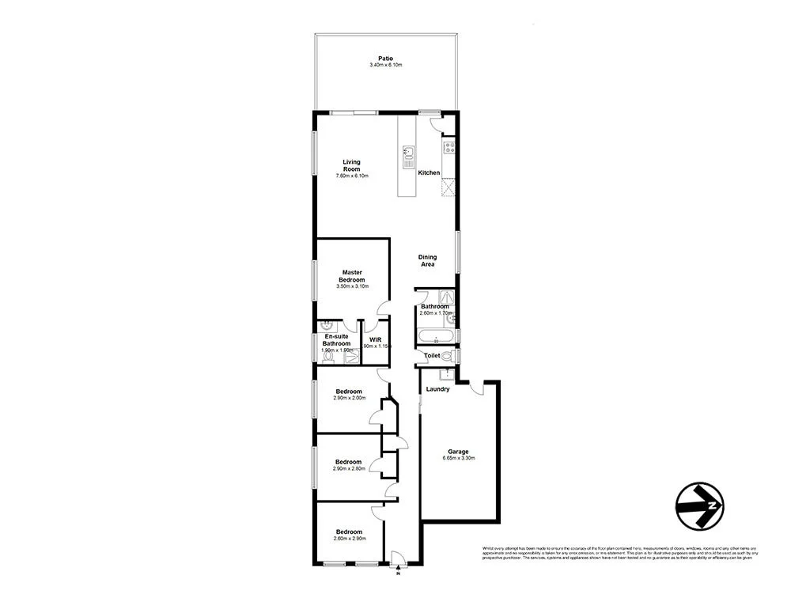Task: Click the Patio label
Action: [385, 58]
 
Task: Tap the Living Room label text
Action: [351, 165]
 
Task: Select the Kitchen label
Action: [429, 172]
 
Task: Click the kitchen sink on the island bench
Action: [409, 153]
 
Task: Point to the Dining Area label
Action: [427, 260]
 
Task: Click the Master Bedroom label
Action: [351, 276]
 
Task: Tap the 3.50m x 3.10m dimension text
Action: [351, 286]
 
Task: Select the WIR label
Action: [376, 339]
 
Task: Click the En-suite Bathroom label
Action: [336, 340]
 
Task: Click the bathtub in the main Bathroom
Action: [434, 339]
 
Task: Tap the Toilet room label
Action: [432, 357]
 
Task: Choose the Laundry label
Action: [437, 389]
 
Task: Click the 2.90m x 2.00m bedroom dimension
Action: [348, 399]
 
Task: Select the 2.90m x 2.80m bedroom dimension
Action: [348, 469]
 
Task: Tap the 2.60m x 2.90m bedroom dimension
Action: [348, 539]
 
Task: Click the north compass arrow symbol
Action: [700, 504]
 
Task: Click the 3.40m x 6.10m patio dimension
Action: [385, 65]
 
